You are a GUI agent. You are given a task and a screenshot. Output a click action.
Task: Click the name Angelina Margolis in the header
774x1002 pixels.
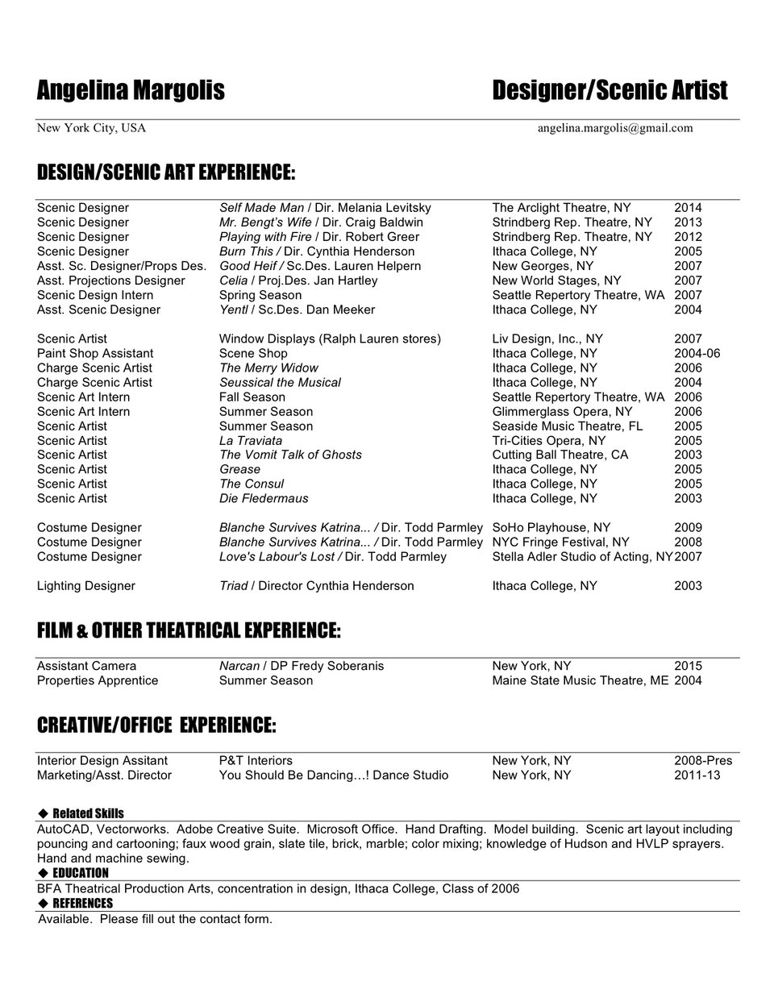click(x=131, y=90)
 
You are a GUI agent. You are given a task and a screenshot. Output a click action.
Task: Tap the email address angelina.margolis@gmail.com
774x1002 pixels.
click(x=615, y=127)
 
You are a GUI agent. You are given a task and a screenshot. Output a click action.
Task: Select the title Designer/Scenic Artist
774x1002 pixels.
click(x=610, y=90)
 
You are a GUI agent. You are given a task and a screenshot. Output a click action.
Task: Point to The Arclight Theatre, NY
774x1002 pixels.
click(x=561, y=208)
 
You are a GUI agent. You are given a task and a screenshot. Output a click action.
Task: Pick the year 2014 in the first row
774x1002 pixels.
click(x=688, y=208)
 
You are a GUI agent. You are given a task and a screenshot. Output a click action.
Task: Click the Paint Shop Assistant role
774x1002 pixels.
click(x=95, y=353)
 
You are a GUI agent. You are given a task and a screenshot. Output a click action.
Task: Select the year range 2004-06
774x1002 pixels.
click(x=697, y=353)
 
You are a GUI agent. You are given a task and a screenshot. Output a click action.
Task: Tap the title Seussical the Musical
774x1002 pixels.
click(x=280, y=382)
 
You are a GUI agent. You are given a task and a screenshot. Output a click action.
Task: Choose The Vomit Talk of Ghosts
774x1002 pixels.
click(x=290, y=455)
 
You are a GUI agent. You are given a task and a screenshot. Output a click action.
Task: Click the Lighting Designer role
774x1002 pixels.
click(x=86, y=586)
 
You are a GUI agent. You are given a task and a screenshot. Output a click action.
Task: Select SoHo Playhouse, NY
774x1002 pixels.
click(x=551, y=527)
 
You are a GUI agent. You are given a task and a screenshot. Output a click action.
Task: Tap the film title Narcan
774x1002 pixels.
click(x=239, y=666)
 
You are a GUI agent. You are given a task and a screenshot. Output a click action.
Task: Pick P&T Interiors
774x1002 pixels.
click(x=256, y=760)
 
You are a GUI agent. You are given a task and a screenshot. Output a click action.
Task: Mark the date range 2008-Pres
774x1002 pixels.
click(x=703, y=760)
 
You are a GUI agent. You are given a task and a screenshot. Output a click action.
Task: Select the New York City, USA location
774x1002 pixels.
click(x=91, y=127)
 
